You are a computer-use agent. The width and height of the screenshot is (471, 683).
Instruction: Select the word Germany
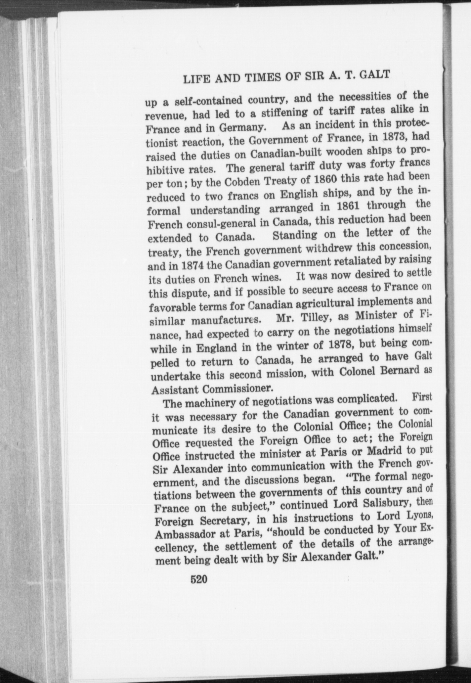pos(236,127)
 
